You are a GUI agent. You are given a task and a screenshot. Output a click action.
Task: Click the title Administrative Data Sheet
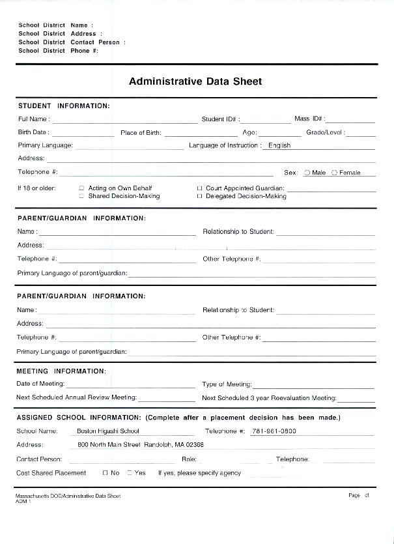[x=195, y=81]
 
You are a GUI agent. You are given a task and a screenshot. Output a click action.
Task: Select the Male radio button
[x=307, y=173]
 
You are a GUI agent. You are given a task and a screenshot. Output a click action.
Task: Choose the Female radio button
[x=335, y=173]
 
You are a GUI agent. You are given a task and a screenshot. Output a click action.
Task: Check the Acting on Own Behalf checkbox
[x=82, y=188]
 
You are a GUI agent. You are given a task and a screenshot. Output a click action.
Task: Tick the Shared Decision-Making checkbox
[x=82, y=196]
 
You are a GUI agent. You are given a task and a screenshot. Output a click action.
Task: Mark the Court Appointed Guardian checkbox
[x=199, y=188]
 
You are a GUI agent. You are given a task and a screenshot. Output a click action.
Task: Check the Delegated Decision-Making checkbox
[x=199, y=196]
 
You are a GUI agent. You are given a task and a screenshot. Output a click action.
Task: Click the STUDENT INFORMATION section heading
[x=64, y=106]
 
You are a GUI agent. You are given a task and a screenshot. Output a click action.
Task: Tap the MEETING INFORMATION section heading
[x=61, y=371]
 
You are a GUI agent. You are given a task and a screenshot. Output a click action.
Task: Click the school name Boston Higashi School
[x=108, y=431]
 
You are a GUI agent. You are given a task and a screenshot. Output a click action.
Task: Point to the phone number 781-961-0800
[x=274, y=431]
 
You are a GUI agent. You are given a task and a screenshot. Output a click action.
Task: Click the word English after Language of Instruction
[x=279, y=146]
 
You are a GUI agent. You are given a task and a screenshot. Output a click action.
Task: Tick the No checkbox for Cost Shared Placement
[x=105, y=473]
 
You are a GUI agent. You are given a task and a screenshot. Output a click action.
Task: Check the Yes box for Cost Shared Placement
[x=130, y=473]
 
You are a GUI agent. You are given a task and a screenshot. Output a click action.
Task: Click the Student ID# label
[x=220, y=119]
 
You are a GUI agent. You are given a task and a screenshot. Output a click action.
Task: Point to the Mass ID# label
[x=309, y=119]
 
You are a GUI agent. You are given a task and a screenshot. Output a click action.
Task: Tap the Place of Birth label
[x=141, y=133]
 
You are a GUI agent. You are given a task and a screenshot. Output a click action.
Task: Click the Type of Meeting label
[x=227, y=384]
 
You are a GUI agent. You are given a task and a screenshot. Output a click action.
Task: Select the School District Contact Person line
[x=72, y=42]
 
